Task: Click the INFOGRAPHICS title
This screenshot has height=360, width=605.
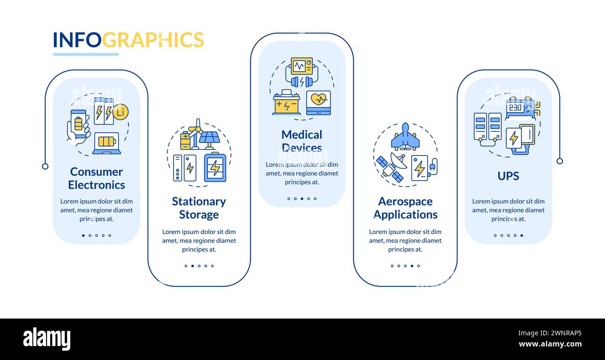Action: coord(128,40)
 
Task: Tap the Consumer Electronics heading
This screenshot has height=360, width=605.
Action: coord(96,178)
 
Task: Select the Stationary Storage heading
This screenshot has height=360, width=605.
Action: coord(199,208)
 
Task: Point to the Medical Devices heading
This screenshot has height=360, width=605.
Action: coord(302,141)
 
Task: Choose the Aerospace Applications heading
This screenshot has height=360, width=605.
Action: coord(405,208)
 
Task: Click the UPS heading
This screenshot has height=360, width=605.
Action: coord(508,176)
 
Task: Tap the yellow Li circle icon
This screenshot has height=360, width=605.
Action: coord(121,112)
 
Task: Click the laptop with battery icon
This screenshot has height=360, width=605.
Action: coord(107,143)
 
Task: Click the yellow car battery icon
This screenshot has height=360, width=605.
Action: coord(286,103)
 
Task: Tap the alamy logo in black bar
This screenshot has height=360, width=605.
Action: coord(47,339)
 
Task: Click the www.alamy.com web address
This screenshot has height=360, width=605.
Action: coord(550,345)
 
